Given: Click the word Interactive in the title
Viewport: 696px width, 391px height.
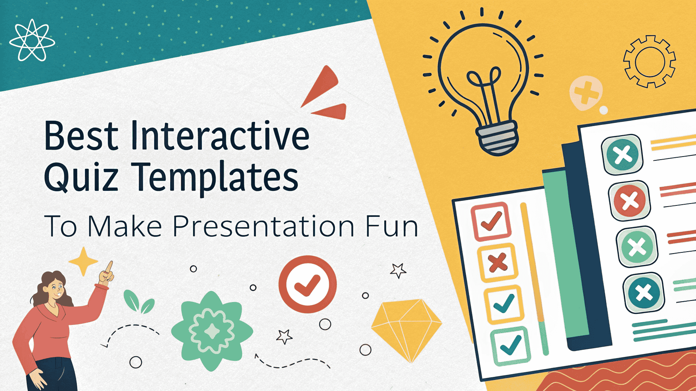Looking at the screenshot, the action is point(220,136).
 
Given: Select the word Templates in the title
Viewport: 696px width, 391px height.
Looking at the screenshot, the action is point(216,178).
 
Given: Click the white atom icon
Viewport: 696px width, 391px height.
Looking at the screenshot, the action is point(32,40).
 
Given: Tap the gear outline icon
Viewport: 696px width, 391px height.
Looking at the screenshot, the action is point(649,61).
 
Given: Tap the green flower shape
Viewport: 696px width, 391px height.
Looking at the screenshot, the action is point(211,331).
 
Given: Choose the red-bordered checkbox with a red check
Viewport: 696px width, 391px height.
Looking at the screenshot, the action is point(491,222).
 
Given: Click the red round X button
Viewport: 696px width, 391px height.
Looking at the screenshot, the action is point(629,201).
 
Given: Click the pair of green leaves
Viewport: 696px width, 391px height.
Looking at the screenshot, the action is point(138,302).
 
